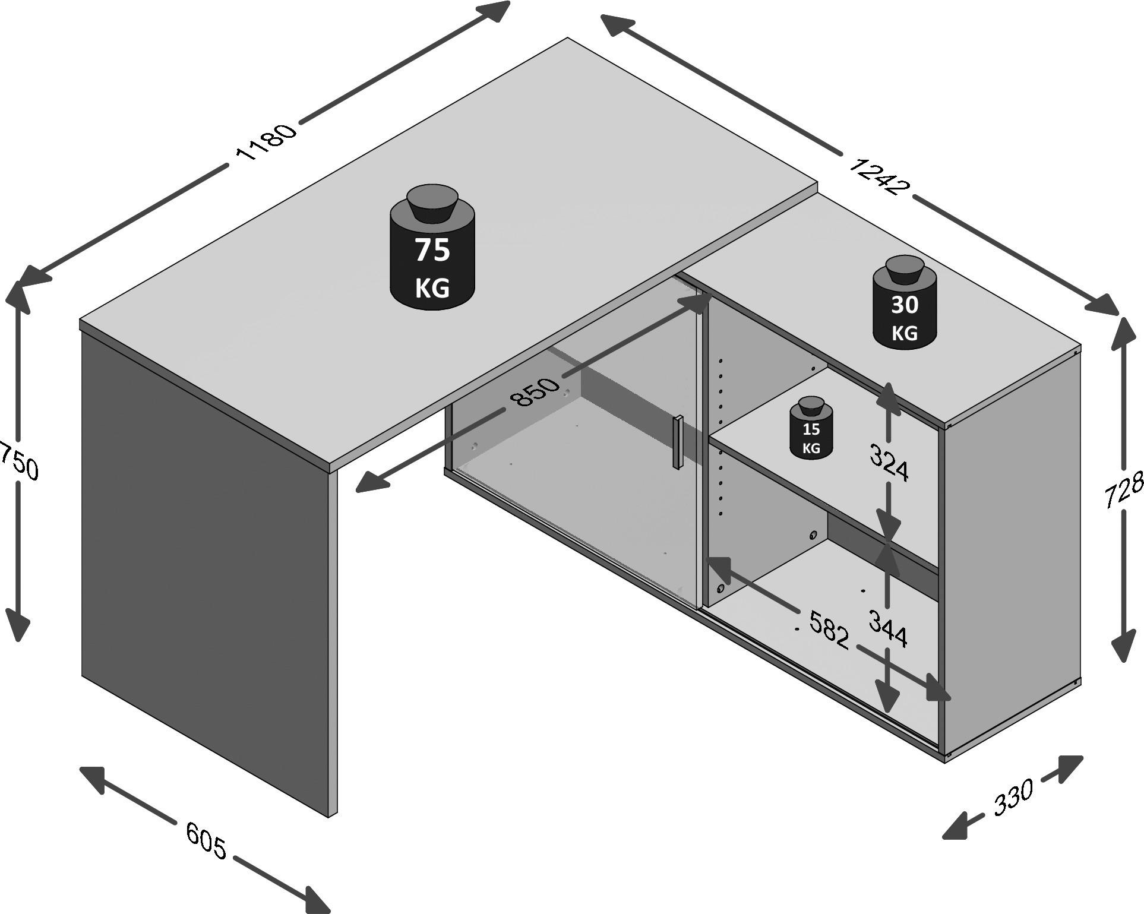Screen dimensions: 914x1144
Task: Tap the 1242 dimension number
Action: [877, 175]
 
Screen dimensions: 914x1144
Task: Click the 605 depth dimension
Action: [206, 840]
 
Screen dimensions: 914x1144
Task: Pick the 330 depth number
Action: [1013, 797]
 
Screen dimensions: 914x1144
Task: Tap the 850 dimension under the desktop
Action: [536, 391]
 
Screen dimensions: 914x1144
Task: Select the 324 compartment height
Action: [889, 462]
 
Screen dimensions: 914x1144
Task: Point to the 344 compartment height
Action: [887, 628]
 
